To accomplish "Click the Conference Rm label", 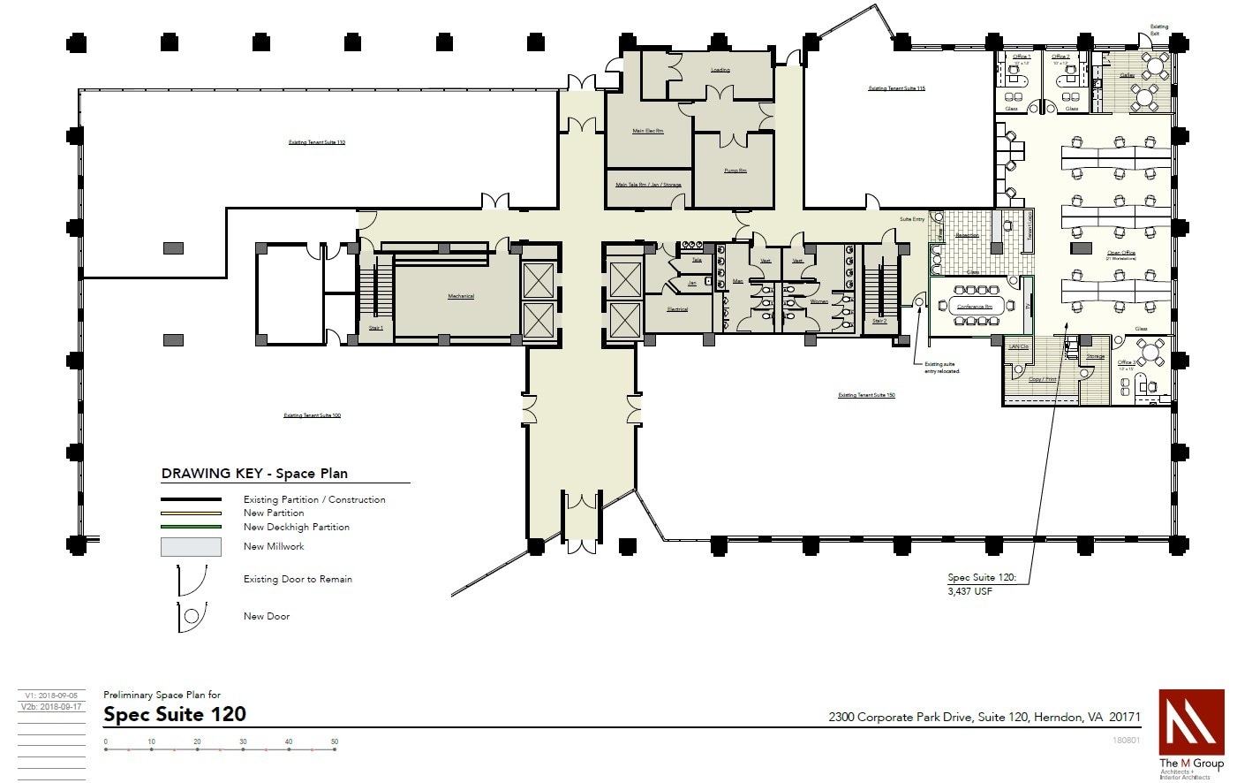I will [975, 307].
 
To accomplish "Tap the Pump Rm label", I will [735, 171].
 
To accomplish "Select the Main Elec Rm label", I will [647, 131].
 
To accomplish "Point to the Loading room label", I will [720, 70].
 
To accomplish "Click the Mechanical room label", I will [460, 296].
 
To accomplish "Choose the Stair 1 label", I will [376, 327].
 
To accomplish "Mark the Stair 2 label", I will [879, 321].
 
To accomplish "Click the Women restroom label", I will [819, 301].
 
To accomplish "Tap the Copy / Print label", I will [1043, 379].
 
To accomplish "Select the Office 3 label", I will [1126, 362].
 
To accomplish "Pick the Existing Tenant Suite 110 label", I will [317, 142].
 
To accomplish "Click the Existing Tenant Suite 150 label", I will [866, 395].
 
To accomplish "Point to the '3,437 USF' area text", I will [969, 591].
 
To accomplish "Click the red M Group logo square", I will [1191, 721].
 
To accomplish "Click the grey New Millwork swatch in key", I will [191, 547].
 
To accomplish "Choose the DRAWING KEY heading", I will [254, 474].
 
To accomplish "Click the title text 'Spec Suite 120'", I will [175, 714].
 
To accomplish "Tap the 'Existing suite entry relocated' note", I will [941, 368].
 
